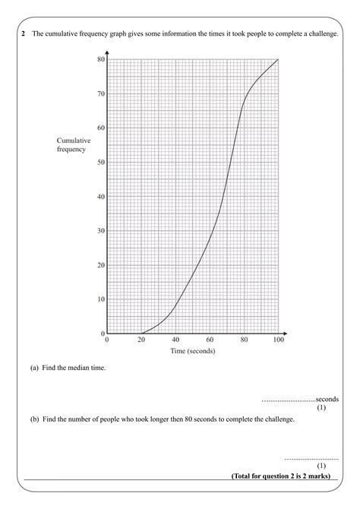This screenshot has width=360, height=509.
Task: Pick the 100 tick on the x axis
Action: [278, 341]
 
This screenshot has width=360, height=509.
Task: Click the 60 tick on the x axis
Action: [210, 341]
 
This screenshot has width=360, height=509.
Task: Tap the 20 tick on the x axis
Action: [141, 341]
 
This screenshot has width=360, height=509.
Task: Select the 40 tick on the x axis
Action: [175, 341]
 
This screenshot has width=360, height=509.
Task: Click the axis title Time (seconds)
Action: [193, 352]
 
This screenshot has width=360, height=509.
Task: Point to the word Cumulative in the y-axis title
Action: [74, 141]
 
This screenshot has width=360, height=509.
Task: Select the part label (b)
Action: [34, 419]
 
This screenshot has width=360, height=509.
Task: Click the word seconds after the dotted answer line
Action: [327, 398]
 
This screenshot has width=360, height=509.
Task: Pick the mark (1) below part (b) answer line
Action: [321, 465]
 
